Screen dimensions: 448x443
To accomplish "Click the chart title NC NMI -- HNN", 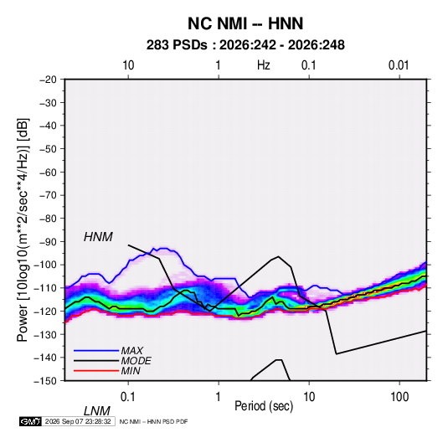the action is (x=245, y=23).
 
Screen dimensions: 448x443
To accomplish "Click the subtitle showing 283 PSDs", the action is (x=245, y=45).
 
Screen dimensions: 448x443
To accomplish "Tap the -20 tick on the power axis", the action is (x=48, y=80).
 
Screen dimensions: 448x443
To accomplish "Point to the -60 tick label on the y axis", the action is (x=48, y=172).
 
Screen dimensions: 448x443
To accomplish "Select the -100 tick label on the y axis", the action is (x=45, y=265).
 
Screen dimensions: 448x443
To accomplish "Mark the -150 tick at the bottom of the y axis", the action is (x=45, y=381).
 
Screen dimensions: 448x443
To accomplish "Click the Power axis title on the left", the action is (x=23, y=230).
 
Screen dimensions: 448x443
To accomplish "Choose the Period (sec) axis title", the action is (x=264, y=406).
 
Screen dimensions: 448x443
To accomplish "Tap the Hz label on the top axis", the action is (x=263, y=65).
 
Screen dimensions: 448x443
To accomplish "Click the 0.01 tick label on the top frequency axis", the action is (x=399, y=65).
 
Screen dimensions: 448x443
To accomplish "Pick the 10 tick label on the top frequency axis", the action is (x=128, y=65).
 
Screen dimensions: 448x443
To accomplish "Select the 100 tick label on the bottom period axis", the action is (x=399, y=397).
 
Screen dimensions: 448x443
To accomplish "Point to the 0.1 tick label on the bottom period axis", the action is (x=128, y=397).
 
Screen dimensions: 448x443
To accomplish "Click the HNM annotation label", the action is (x=98, y=237).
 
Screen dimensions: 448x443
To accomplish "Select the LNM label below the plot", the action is (x=96, y=411).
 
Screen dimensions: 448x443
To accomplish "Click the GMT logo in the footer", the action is (x=30, y=421).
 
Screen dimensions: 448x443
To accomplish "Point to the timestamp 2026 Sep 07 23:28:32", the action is (x=78, y=421).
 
